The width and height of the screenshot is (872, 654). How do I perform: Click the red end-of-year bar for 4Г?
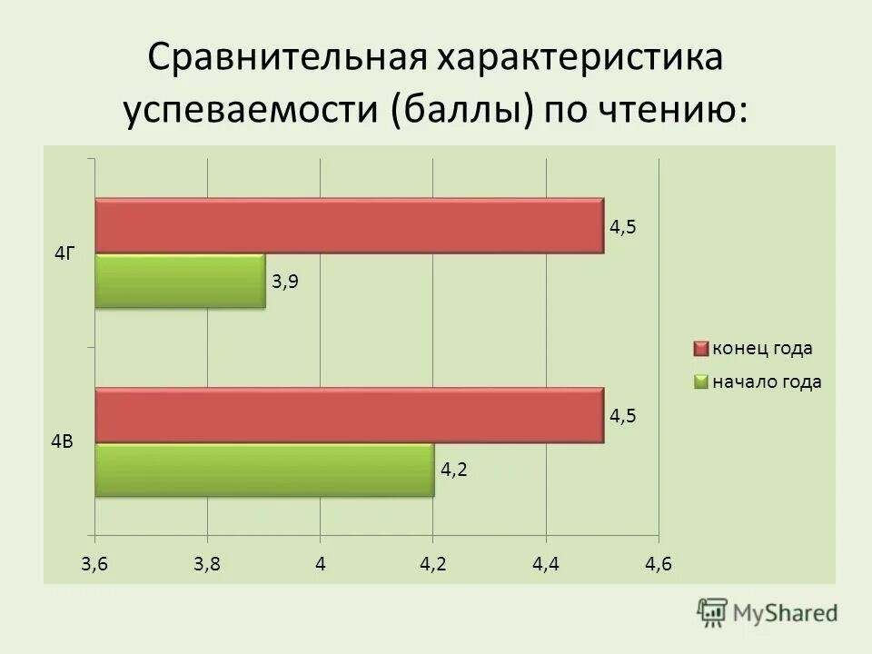(x=350, y=225)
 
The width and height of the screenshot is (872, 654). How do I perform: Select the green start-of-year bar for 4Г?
(x=180, y=282)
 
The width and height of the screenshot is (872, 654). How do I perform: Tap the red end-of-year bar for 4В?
(x=350, y=415)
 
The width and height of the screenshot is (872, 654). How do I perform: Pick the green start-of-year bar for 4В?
(x=264, y=470)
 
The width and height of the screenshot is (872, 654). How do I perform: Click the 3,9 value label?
(x=284, y=282)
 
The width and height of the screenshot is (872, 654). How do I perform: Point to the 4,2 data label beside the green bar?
(x=454, y=470)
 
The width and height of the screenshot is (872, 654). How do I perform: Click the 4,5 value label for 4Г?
(x=623, y=227)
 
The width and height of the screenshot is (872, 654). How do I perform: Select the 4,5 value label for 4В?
(x=623, y=416)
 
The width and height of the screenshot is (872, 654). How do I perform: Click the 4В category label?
(x=62, y=442)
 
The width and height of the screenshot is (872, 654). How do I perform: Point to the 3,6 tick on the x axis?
(x=94, y=564)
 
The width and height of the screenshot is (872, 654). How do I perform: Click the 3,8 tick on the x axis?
(x=207, y=564)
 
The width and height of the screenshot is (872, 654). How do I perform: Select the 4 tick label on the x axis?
(x=321, y=564)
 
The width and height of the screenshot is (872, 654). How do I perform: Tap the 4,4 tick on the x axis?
(x=546, y=564)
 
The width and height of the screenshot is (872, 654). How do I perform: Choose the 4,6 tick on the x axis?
(x=659, y=564)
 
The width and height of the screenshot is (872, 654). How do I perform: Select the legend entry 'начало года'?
(x=766, y=382)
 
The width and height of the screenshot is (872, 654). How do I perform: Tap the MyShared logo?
(x=768, y=611)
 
